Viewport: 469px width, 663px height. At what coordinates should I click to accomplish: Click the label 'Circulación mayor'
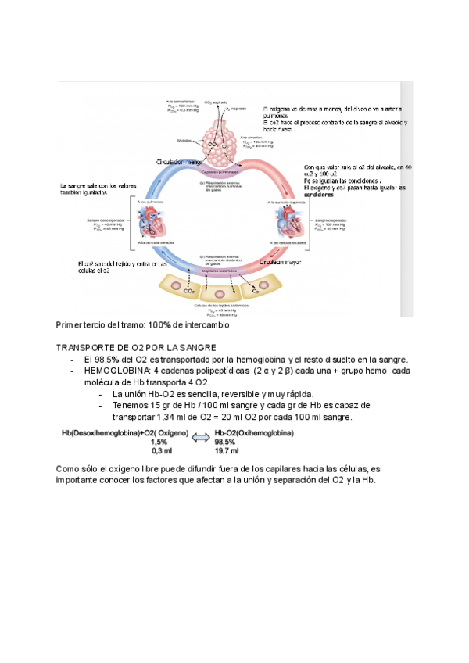point(281,263)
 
